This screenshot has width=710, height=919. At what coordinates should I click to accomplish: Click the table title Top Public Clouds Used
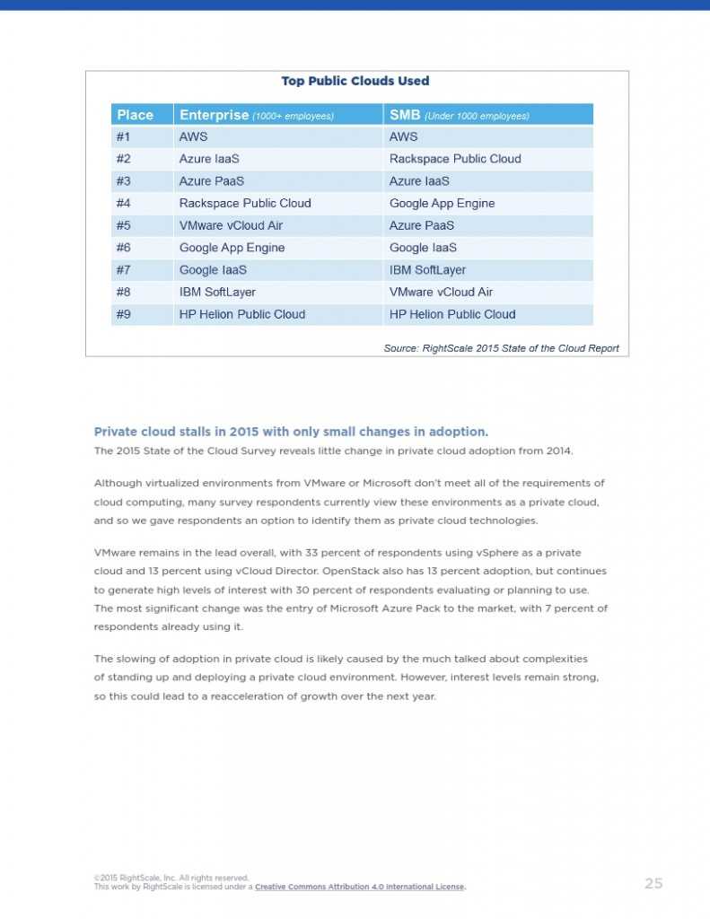355,81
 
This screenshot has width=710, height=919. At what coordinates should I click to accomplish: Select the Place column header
136,115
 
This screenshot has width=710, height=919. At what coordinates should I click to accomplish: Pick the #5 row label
124,225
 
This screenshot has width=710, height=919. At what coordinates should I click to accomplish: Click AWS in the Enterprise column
193,136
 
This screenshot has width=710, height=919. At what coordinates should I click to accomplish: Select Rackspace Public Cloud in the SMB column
455,159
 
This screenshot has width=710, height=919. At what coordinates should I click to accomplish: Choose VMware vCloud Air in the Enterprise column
231,225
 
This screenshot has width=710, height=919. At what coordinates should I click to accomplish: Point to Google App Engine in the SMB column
442,203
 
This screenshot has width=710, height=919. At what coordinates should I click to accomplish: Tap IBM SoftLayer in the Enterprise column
217,292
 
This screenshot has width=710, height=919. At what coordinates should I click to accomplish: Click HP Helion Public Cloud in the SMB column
452,314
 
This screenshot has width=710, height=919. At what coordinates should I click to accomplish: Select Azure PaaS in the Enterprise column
212,180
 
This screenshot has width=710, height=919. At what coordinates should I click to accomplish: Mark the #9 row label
124,314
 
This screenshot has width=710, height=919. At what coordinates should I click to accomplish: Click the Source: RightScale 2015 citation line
501,348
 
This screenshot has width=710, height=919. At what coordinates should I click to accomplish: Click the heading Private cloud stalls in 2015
291,432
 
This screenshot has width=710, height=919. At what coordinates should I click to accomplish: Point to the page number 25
653,883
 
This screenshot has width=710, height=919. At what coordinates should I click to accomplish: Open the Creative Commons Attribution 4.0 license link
359,887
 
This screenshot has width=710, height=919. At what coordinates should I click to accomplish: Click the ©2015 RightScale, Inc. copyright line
171,878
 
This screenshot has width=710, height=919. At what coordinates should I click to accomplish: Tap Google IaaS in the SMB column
423,248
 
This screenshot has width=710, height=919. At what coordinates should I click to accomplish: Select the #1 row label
124,136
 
